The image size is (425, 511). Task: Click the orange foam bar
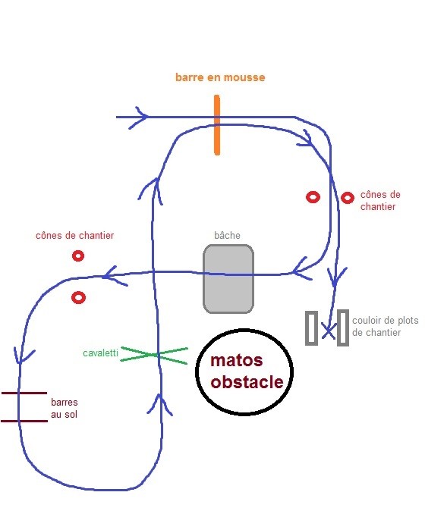217,125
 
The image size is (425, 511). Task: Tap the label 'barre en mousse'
220,77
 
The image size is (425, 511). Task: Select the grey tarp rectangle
228,279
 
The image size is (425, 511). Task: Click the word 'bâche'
227,235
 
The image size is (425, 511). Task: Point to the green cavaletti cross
154,355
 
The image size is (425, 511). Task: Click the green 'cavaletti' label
100,353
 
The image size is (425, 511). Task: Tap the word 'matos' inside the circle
237,360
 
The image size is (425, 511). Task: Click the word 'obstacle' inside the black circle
247,382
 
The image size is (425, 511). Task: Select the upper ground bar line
24,393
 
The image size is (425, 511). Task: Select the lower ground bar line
24,421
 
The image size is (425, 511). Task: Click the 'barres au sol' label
65,409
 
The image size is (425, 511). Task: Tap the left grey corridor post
311,328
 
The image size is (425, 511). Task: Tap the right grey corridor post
343,328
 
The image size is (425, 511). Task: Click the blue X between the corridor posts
328,331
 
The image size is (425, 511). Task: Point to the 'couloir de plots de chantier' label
386,326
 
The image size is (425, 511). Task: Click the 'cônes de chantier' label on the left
74,235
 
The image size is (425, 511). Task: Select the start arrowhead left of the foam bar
140,118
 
